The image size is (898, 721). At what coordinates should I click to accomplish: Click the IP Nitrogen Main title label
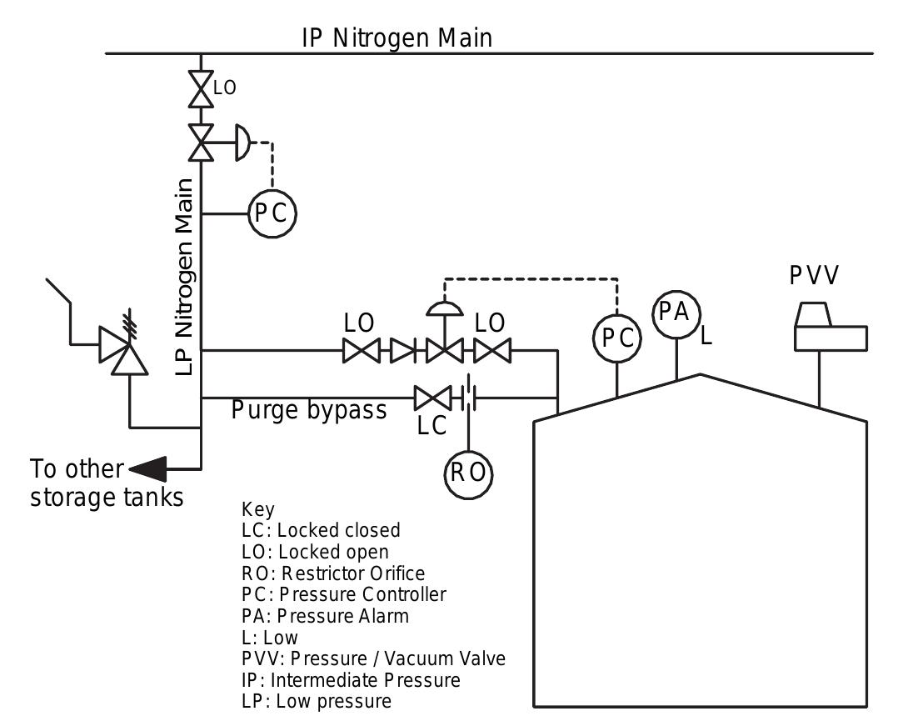click(x=397, y=38)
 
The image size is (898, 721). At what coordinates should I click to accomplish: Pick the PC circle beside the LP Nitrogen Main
click(x=272, y=213)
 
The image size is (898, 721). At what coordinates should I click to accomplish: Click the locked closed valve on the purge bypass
click(x=432, y=398)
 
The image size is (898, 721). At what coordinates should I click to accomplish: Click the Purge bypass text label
click(x=308, y=410)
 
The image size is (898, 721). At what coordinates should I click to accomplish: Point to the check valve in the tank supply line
click(x=403, y=350)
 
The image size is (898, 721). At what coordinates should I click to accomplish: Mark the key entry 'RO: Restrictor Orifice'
click(x=332, y=573)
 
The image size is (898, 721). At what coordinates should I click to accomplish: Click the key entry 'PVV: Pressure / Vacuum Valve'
click(x=372, y=658)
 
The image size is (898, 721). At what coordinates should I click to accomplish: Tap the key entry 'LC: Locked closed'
click(x=320, y=530)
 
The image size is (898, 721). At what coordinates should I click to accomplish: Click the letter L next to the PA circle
click(x=706, y=336)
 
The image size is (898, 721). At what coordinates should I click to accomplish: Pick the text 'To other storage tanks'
click(x=107, y=483)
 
